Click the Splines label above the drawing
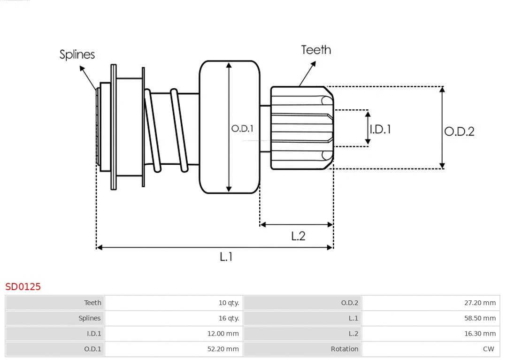pyautogui.click(x=77, y=54)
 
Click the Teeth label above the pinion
pyautogui.click(x=315, y=50)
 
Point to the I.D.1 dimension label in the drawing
pyautogui.click(x=380, y=129)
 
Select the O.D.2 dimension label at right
pyautogui.click(x=459, y=131)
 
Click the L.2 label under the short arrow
pyautogui.click(x=298, y=236)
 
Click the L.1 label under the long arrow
pyautogui.click(x=226, y=257)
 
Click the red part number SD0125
pyautogui.click(x=23, y=286)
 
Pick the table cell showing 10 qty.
pyautogui.click(x=229, y=303)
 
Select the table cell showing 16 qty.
pyautogui.click(x=229, y=318)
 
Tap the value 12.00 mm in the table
pyautogui.click(x=223, y=334)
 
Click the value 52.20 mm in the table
pyautogui.click(x=223, y=349)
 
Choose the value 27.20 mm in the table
pyautogui.click(x=480, y=303)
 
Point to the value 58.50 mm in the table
pyautogui.click(x=480, y=318)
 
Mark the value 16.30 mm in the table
pyautogui.click(x=480, y=334)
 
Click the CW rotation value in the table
pyautogui.click(x=488, y=349)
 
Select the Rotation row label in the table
pyautogui.click(x=344, y=349)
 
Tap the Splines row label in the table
pyautogui.click(x=89, y=318)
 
